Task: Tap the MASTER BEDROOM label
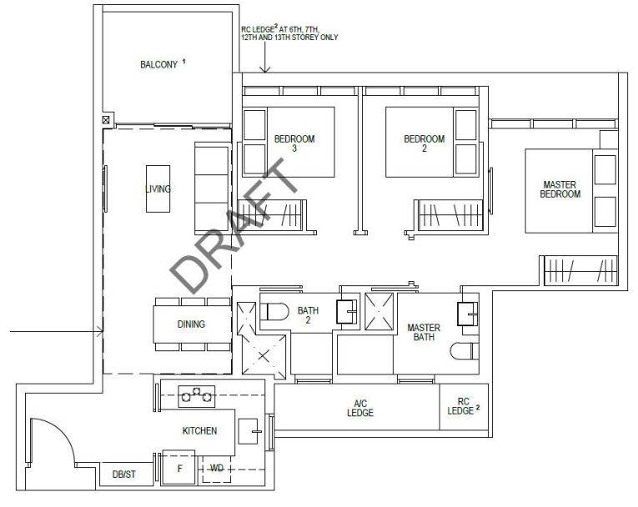point(560,189)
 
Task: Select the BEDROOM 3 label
point(294,143)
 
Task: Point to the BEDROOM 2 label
point(424,143)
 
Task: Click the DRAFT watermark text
point(234,225)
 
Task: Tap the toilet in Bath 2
point(274,312)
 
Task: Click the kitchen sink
point(249,431)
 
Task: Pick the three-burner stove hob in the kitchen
point(197,396)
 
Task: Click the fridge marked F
point(178,468)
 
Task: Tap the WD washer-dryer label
point(217,468)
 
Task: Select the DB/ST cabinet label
point(124,474)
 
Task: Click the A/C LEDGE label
point(360,408)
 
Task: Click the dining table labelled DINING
point(192,324)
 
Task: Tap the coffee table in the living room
point(158,188)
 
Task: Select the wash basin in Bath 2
point(347,312)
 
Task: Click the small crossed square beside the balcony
point(106,119)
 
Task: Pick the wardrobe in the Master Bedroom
point(580,271)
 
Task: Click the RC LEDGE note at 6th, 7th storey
point(289,33)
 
